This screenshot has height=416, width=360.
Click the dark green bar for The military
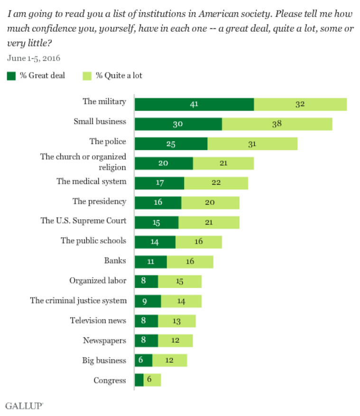194,104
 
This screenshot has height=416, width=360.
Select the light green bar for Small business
277,124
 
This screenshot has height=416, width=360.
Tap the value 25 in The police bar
171,144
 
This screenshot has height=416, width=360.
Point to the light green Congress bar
152,380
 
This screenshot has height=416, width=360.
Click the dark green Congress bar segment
139,380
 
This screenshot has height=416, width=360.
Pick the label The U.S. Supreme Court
83,221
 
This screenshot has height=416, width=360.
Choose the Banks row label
115,260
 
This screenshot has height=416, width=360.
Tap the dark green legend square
11,75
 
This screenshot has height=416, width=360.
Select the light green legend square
87,75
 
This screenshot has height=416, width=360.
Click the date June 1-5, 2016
34,58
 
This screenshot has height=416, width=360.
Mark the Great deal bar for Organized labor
146,282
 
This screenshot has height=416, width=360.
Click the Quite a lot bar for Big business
170,361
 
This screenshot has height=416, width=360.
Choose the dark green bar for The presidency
158,203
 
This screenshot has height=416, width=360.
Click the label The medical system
91,181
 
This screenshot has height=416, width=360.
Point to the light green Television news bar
176,321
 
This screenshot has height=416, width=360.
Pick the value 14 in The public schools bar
155,242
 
